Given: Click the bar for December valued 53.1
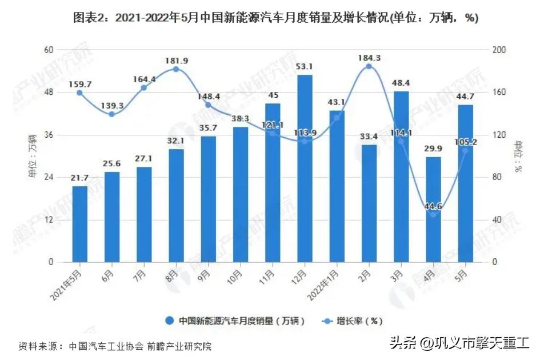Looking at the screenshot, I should click(x=305, y=169).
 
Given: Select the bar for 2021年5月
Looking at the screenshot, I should click(x=79, y=224).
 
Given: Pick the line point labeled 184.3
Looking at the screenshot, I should click(x=369, y=67).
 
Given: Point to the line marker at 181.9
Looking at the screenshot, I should click(x=176, y=69).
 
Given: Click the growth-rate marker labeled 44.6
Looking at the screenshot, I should click(x=433, y=214).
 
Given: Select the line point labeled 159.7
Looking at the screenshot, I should click(x=79, y=93).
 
